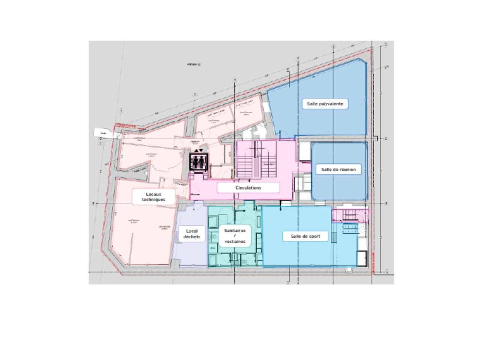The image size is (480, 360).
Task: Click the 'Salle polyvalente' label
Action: point(325,103)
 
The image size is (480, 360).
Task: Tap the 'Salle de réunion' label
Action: point(338,169)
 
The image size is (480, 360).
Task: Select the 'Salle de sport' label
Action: point(306,236)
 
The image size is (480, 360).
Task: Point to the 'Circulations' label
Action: point(248,187)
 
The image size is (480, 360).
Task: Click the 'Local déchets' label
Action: point(192,234)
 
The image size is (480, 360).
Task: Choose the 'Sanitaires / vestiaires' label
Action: point(235,236)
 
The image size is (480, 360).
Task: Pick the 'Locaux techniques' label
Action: point(153,197)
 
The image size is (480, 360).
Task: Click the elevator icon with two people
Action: point(198,162)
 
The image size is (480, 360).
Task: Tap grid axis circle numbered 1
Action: point(121,111)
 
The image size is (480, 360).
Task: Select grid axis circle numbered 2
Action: point(195,94)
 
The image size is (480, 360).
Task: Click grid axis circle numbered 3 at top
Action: point(235,80)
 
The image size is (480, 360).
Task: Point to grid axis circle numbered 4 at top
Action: point(298,58)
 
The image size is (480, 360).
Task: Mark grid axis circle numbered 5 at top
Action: point(333,46)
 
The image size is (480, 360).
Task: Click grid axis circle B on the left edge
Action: point(93,203)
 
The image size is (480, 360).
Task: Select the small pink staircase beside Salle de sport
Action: point(349,215)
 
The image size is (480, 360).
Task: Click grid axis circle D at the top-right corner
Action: point(385,45)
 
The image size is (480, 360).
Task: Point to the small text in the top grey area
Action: point(194,64)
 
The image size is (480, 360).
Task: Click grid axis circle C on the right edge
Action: point(386,139)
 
